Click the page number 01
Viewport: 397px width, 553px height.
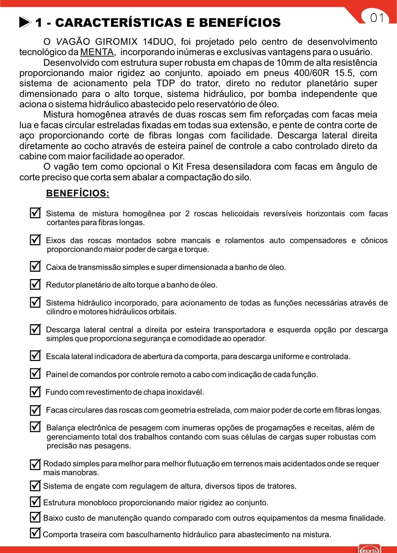[377, 18]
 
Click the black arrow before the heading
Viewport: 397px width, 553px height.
[25, 22]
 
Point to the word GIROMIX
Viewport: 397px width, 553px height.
[116, 41]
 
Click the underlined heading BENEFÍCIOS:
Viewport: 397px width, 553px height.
[78, 193]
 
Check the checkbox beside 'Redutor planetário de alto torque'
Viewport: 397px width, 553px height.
[35, 284]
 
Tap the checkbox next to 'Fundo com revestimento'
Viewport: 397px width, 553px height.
[35, 391]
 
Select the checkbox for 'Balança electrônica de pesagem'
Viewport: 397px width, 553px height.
[35, 427]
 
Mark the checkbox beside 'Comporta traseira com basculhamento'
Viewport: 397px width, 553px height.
[35, 533]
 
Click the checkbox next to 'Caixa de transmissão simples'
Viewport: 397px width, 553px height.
[35, 266]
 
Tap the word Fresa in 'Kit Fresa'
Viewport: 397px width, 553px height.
[198, 167]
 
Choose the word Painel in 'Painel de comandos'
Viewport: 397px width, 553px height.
[57, 375]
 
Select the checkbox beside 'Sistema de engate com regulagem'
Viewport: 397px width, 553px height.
[35, 485]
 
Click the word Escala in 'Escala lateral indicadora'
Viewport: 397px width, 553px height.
[57, 357]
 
